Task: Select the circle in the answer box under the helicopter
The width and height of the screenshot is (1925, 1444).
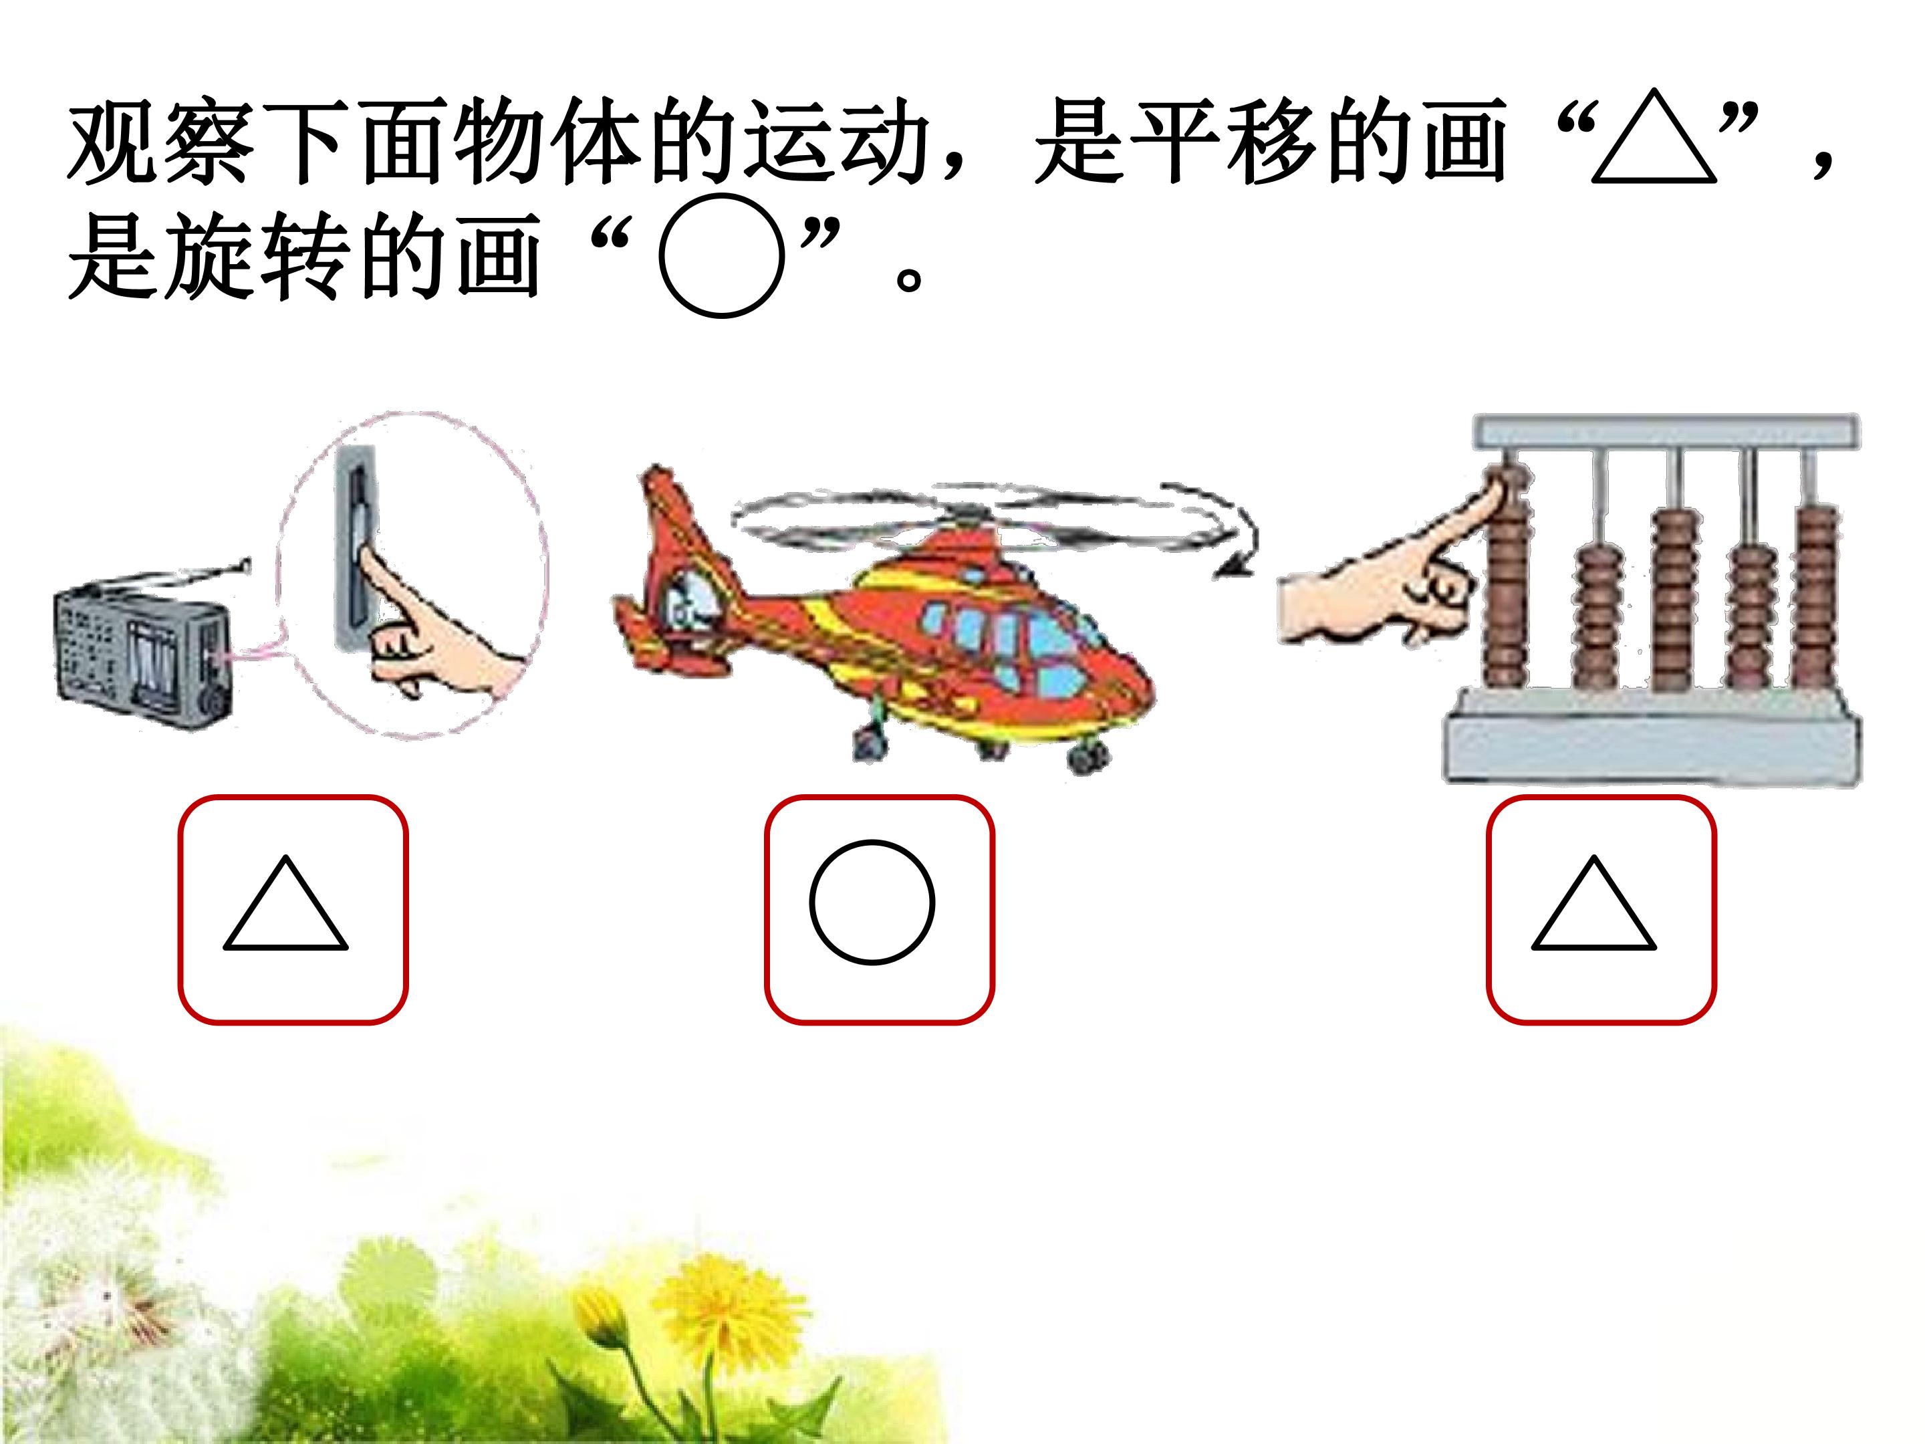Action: (x=813, y=902)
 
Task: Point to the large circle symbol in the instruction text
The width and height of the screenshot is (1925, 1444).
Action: (x=662, y=255)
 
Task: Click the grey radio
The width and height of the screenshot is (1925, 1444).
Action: (x=144, y=648)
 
